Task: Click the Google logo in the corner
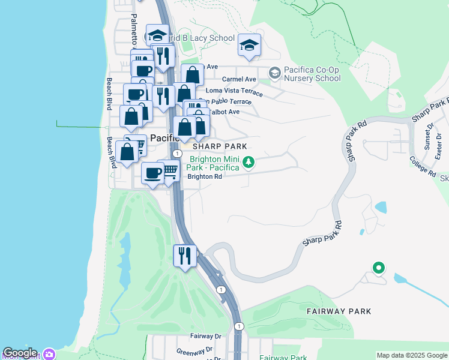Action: [x=20, y=353]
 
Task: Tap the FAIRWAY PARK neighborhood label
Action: [x=339, y=311]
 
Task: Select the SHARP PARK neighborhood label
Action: [x=220, y=146]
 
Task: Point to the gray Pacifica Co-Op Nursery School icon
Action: [x=275, y=73]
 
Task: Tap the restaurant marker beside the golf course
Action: [x=185, y=256]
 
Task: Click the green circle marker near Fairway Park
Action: [x=378, y=268]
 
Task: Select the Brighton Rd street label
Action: [x=205, y=177]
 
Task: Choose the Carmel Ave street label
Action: [x=239, y=79]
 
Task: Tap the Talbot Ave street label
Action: [x=224, y=112]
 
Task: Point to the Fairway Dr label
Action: [x=206, y=337]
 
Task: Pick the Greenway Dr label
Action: [x=194, y=350]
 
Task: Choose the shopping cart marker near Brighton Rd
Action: [x=170, y=172]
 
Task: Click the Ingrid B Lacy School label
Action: [x=203, y=38]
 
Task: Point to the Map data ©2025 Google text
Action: [x=411, y=355]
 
